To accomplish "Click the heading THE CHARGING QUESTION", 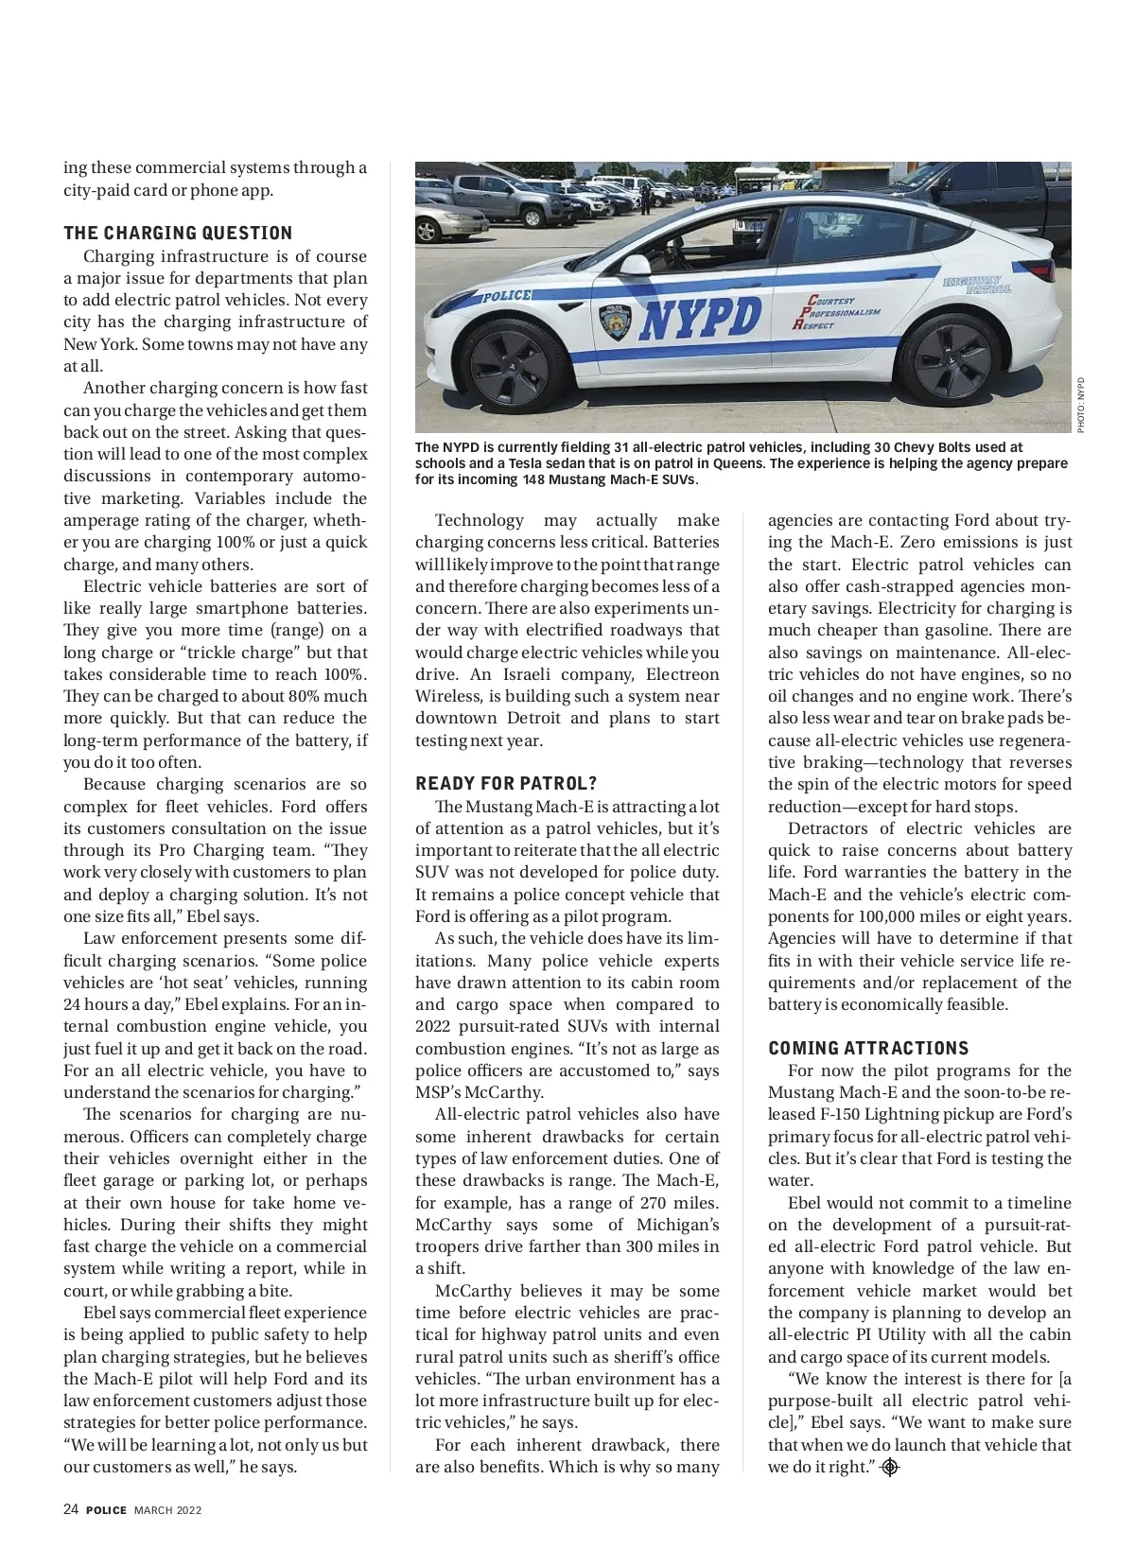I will tap(178, 234).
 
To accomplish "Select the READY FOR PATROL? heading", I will tap(506, 784).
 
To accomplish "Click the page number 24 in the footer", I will tap(71, 1509).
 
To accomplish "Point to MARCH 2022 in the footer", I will tap(167, 1510).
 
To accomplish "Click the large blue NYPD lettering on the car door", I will tap(701, 318).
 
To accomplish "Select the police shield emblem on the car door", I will tap(615, 322).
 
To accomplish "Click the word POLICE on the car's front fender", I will tap(507, 296).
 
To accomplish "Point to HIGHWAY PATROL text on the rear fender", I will tap(977, 284).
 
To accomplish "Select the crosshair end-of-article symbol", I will tap(889, 1468).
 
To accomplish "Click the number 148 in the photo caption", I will tap(535, 479).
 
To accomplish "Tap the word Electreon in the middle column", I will tap(682, 674).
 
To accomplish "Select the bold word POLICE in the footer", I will tap(106, 1510).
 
